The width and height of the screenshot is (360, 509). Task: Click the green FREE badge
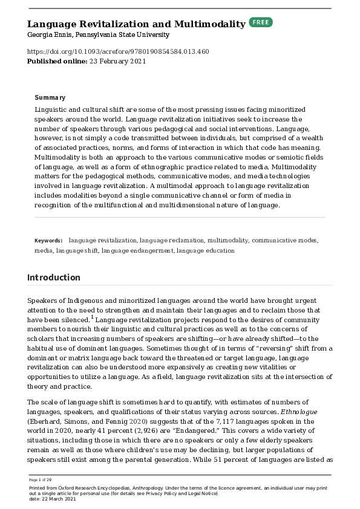(x=261, y=22)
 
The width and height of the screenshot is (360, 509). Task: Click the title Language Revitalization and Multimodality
(x=136, y=24)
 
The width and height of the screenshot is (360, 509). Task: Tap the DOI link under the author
(x=118, y=52)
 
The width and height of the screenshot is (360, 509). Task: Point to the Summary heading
(x=50, y=97)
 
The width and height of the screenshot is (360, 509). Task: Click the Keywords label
(x=48, y=240)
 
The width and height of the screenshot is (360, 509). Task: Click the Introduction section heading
(x=54, y=277)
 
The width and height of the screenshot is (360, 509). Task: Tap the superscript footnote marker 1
(x=92, y=316)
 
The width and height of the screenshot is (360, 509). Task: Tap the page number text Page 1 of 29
(x=40, y=479)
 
